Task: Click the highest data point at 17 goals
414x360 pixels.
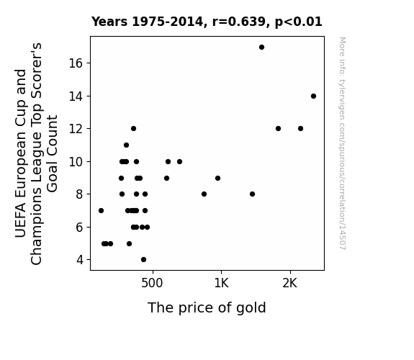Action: tap(261, 48)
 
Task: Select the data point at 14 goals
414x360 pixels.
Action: tap(313, 96)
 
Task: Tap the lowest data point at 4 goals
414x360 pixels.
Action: tap(143, 260)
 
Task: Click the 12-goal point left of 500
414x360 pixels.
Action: tap(134, 129)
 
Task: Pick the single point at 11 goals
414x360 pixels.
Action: tap(126, 145)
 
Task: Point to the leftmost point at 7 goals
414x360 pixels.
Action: tap(101, 210)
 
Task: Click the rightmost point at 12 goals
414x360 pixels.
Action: tap(300, 129)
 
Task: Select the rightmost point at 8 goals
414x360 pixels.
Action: tap(253, 194)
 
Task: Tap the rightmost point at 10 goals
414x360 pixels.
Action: tap(179, 162)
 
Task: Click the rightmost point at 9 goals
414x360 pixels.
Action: tap(218, 179)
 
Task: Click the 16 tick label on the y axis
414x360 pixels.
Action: tap(76, 63)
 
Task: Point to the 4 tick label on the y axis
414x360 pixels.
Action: tap(80, 260)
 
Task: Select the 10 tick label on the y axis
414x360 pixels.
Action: tap(76, 162)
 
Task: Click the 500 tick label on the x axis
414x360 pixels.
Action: tap(152, 284)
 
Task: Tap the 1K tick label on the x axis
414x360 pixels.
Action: tap(221, 284)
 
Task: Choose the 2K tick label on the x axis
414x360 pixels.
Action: tap(290, 284)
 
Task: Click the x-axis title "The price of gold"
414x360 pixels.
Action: tap(207, 307)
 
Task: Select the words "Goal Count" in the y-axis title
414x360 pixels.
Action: tap(53, 153)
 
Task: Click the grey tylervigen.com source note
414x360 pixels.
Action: tap(342, 143)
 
